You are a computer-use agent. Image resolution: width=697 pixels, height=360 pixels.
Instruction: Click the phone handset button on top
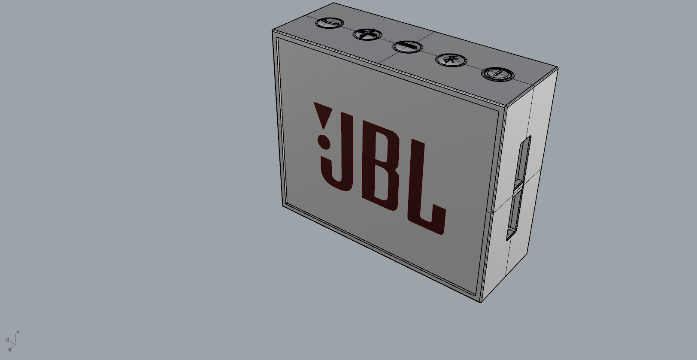(x=329, y=23)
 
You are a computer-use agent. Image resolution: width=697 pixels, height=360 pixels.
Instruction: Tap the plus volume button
(x=367, y=33)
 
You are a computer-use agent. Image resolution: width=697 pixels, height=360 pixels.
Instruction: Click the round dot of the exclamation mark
(x=323, y=140)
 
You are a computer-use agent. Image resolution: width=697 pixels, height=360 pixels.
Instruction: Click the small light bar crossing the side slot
(x=518, y=188)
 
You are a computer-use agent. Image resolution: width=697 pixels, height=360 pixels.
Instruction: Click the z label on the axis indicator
(x=18, y=333)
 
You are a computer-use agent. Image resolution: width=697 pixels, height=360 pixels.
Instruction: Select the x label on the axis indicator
(x=7, y=339)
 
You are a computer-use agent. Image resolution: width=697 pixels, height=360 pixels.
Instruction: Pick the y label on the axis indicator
(x=9, y=349)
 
